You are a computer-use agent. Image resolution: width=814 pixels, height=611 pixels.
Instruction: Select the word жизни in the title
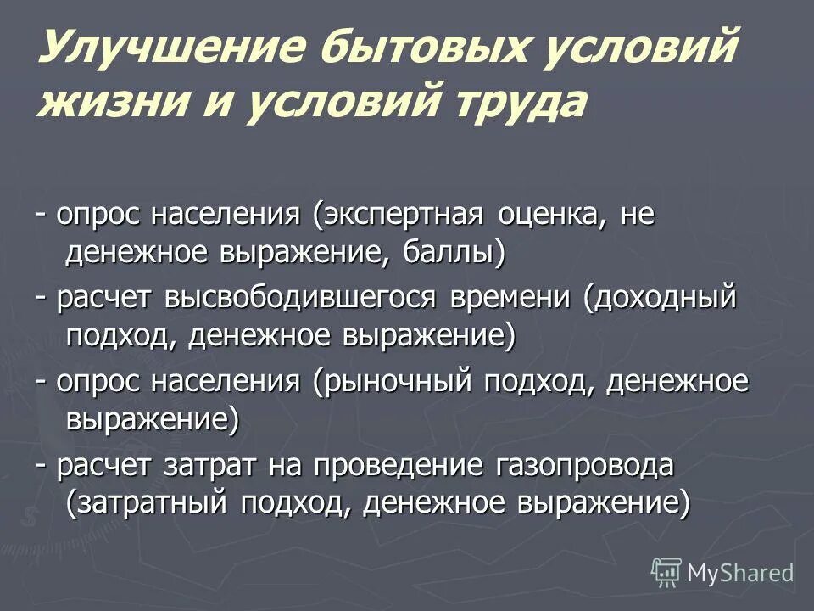click(120, 104)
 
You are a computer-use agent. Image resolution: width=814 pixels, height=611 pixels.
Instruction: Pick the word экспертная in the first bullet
click(396, 216)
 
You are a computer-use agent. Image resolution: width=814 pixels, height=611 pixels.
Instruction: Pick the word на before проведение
click(284, 465)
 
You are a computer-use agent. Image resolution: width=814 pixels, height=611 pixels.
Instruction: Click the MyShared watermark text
click(740, 572)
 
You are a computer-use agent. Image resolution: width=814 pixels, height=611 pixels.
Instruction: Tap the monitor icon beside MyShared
click(666, 571)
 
